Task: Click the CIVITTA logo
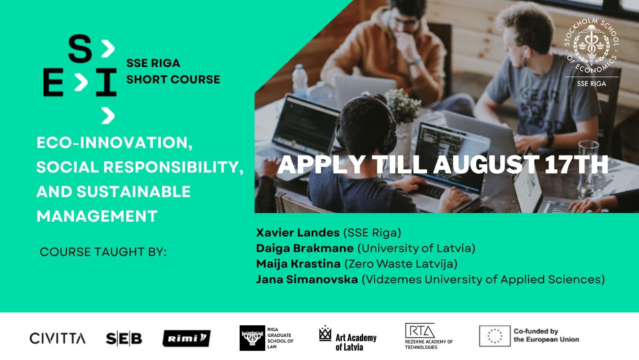tap(57, 338)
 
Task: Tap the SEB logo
tap(124, 339)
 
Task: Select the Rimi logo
tap(187, 338)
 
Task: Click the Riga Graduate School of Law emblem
tap(252, 338)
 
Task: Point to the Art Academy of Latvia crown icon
tap(325, 333)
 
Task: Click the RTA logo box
tap(420, 331)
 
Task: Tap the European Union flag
tap(495, 336)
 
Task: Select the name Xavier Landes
tap(298, 233)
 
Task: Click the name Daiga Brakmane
tap(305, 248)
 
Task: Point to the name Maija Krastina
tap(298, 264)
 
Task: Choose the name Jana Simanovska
tap(307, 279)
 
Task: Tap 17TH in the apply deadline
tap(577, 164)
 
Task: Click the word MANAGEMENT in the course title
tap(97, 216)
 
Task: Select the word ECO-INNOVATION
tap(115, 143)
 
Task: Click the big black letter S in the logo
tap(80, 48)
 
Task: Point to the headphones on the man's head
tap(368, 125)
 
